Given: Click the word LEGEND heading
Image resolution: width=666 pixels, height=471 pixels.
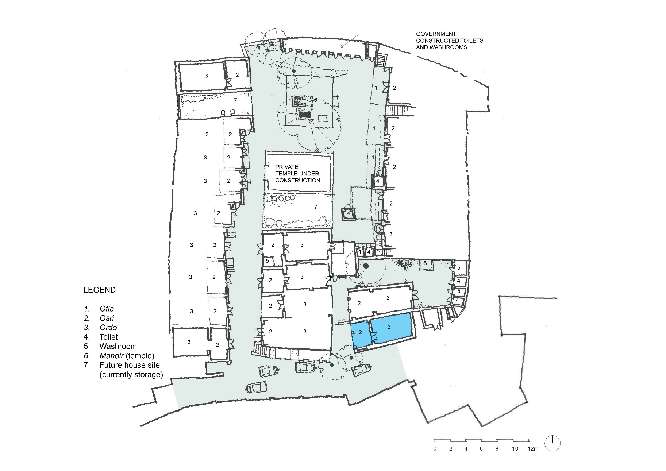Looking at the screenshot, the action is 100,290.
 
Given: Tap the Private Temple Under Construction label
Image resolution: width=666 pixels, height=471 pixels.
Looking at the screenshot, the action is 298,174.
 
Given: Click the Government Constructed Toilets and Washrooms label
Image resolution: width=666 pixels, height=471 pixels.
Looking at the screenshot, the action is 450,40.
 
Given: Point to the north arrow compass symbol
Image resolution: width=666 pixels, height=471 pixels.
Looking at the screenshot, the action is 553,443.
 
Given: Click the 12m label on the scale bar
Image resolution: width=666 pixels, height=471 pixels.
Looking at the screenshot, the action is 533,448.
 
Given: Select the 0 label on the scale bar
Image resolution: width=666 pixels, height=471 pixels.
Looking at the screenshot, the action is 435,448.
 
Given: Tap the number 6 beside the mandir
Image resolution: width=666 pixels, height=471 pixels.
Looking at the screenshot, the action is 316,100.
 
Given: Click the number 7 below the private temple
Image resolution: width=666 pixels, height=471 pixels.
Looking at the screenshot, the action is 316,207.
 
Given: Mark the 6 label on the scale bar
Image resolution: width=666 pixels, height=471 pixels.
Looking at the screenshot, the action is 481,448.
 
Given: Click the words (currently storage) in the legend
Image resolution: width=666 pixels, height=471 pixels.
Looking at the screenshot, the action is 131,375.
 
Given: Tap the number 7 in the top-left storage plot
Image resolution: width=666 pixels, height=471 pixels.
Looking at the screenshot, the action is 235,100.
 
